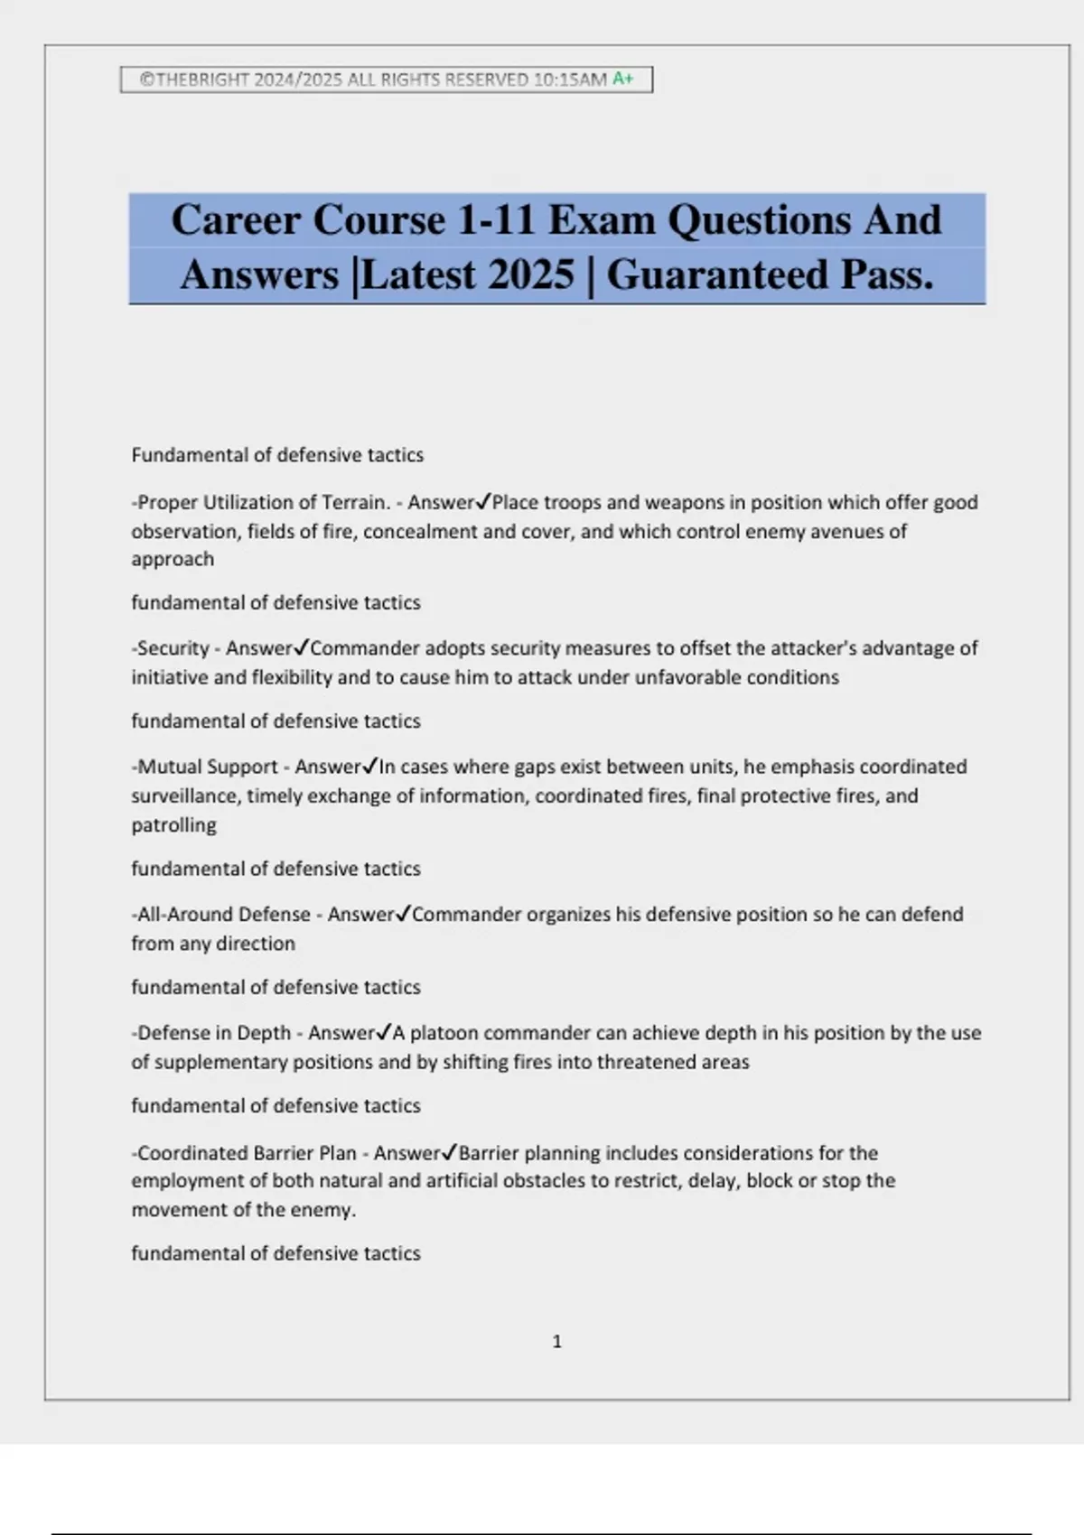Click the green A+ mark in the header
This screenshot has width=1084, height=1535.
pyautogui.click(x=623, y=79)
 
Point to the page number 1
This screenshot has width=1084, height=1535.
pyautogui.click(x=556, y=1342)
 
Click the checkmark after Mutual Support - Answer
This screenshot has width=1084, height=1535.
pyautogui.click(x=369, y=767)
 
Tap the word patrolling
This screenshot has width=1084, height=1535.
pyautogui.click(x=173, y=824)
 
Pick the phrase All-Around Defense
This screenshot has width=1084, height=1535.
pyautogui.click(x=223, y=914)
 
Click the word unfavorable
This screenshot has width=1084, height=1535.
pyautogui.click(x=691, y=677)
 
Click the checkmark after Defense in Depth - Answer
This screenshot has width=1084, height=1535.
pyautogui.click(x=383, y=1033)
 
